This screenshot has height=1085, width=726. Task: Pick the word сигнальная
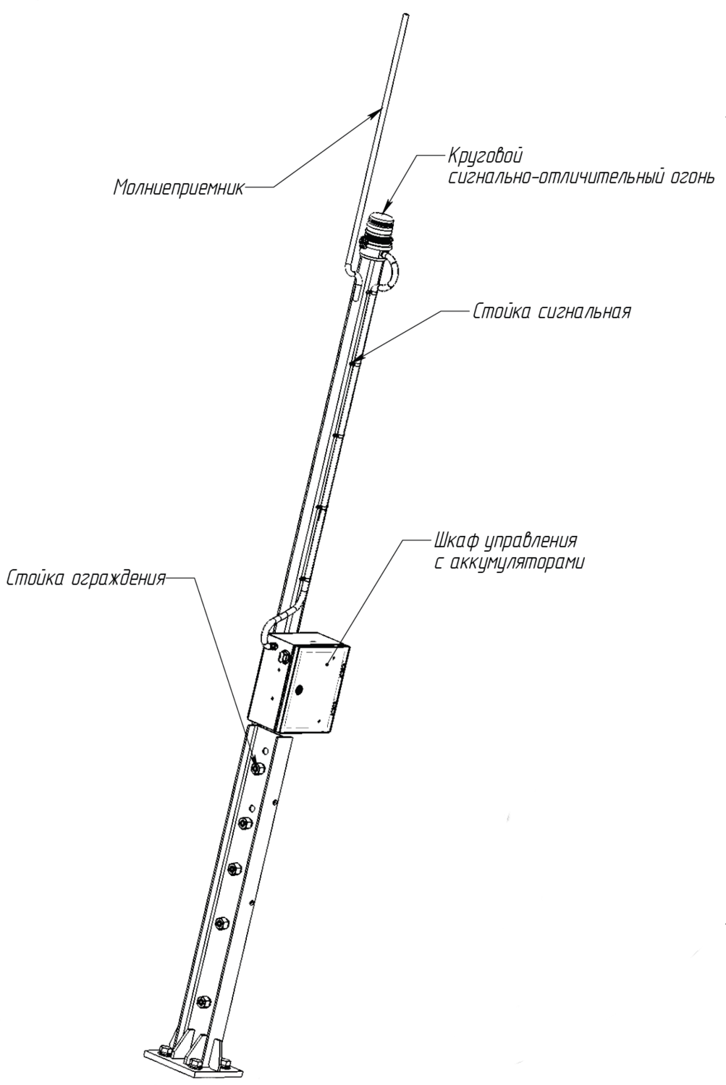(586, 312)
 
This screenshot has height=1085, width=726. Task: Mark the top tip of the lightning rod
(405, 15)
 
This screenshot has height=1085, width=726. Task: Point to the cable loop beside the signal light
(395, 271)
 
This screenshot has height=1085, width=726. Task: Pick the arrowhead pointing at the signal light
(387, 207)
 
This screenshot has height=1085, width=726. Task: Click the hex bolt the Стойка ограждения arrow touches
(257, 767)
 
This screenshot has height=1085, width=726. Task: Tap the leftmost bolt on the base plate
(164, 1050)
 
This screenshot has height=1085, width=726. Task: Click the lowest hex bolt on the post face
(203, 1002)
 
